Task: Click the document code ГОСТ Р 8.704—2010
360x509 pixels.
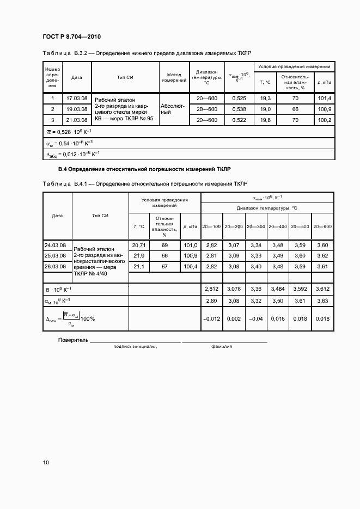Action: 72,36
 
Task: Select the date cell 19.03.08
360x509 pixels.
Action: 77,109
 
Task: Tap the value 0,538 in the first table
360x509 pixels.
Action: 239,109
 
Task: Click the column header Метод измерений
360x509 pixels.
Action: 174,77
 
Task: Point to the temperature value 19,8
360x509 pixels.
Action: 265,120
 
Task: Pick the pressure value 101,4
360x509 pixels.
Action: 324,99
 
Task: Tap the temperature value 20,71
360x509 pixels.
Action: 138,245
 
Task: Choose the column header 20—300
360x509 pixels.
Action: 256,226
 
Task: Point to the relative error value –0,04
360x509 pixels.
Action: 256,319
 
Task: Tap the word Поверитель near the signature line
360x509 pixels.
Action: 73,340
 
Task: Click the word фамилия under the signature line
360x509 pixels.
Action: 222,346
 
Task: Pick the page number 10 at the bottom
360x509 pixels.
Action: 46,463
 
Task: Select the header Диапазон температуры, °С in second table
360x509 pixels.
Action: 267,208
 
